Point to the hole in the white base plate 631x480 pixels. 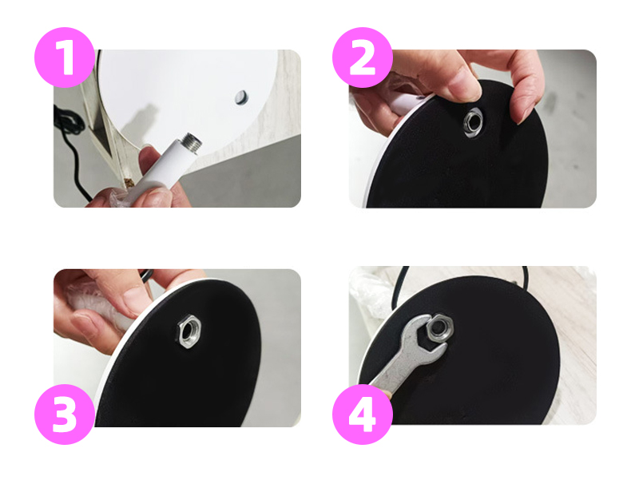tap(240, 97)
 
